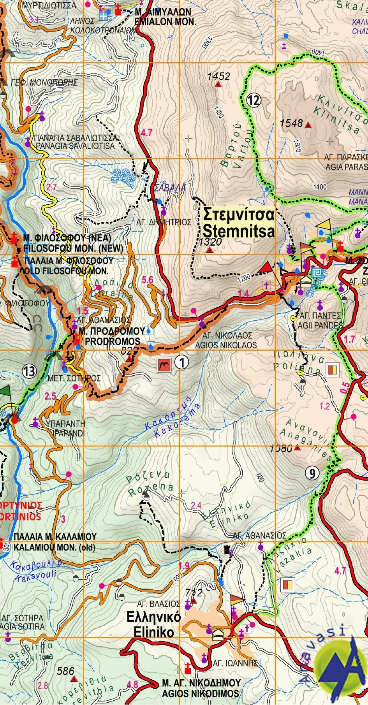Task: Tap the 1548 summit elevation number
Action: (x=291, y=123)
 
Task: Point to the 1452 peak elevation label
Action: (x=218, y=76)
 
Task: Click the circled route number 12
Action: (x=254, y=100)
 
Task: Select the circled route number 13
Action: (x=29, y=371)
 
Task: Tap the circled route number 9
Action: (x=312, y=473)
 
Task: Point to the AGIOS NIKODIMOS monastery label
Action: (x=201, y=693)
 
